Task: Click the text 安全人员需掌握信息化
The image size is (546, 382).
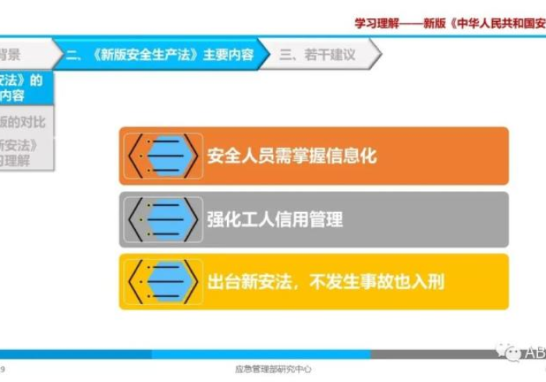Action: click(x=292, y=156)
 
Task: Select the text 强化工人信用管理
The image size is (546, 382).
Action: click(x=275, y=219)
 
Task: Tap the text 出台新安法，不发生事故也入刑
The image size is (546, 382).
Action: click(x=326, y=281)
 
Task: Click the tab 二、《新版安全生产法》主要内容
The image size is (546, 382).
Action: click(x=159, y=55)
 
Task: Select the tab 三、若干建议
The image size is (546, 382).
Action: click(x=317, y=55)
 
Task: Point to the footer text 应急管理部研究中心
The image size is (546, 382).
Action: click(x=273, y=369)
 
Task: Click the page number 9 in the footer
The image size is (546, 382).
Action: click(x=4, y=369)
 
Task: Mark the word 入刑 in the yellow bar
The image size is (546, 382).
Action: click(x=428, y=281)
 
